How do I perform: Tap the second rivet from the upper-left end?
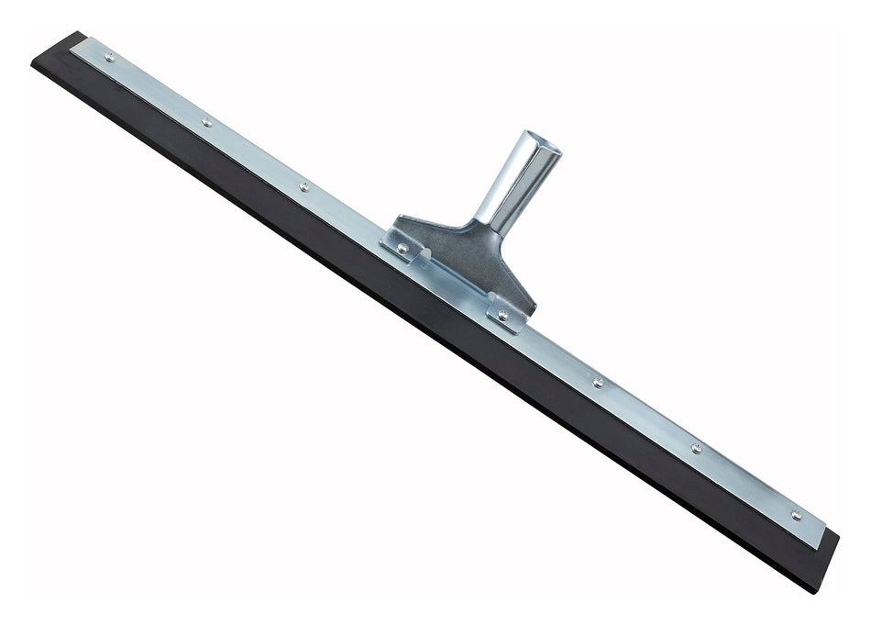[x=207, y=121]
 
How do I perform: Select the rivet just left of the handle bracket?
[x=303, y=186]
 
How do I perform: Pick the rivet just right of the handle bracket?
[x=598, y=383]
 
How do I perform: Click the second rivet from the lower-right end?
[x=696, y=448]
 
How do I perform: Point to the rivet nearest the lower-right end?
[x=795, y=515]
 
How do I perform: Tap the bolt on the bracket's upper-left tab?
[x=402, y=248]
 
